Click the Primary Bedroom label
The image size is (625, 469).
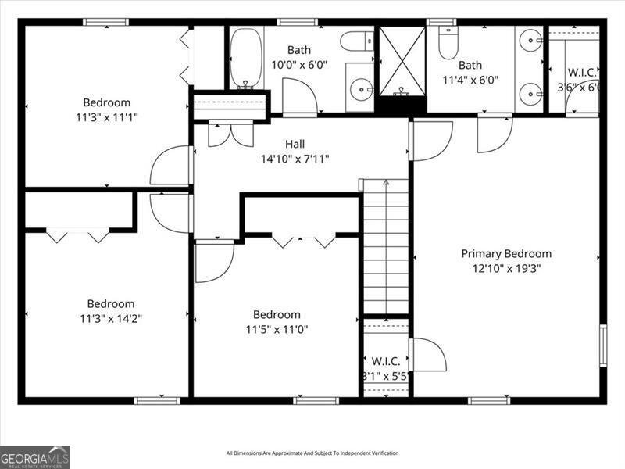505,253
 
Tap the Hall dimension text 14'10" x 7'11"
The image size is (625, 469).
295,159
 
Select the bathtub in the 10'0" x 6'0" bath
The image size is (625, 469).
245,59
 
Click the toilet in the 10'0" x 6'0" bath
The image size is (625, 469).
359,40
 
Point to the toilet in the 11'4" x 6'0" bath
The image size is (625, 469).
448,44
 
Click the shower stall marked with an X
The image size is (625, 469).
402,61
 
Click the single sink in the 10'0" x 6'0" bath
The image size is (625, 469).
361,88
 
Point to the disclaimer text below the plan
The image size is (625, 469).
312,453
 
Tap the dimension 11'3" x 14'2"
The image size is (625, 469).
110,318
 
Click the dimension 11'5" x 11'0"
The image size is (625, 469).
277,329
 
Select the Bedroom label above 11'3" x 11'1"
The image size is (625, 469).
107,102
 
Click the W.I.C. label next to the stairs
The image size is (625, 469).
386,361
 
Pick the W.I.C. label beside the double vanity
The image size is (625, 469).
582,73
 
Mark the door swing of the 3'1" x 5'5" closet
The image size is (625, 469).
428,355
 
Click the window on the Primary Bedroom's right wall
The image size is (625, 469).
603,345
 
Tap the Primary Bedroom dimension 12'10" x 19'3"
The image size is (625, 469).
505,268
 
